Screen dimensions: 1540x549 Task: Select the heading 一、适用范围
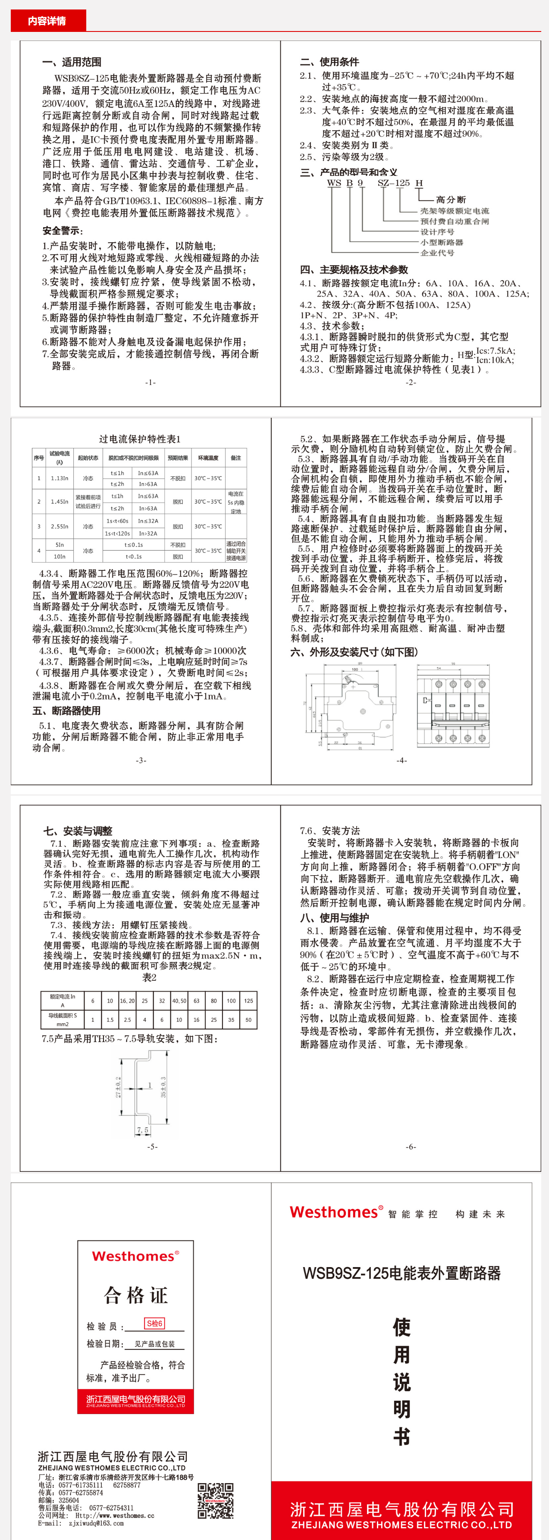(x=72, y=62)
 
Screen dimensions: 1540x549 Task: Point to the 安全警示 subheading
(x=62, y=231)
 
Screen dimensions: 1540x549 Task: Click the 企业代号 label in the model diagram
(x=437, y=253)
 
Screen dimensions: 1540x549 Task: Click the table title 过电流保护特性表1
(x=139, y=439)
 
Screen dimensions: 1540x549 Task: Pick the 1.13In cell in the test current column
(x=59, y=478)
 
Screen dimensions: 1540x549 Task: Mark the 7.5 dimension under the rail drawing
(x=142, y=1130)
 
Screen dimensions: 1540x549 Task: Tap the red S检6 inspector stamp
(x=154, y=1324)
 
